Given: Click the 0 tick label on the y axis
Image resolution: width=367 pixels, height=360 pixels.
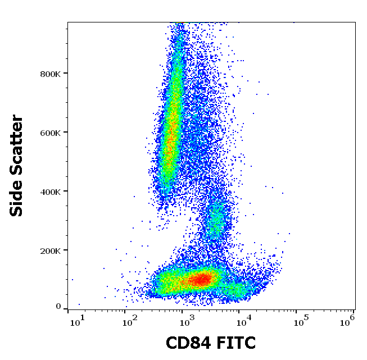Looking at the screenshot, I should [x=58, y=307].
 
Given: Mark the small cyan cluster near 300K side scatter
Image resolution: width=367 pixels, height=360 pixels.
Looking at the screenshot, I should [x=215, y=221].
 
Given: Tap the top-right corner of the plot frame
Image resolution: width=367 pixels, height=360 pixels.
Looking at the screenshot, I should [x=355, y=22].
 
